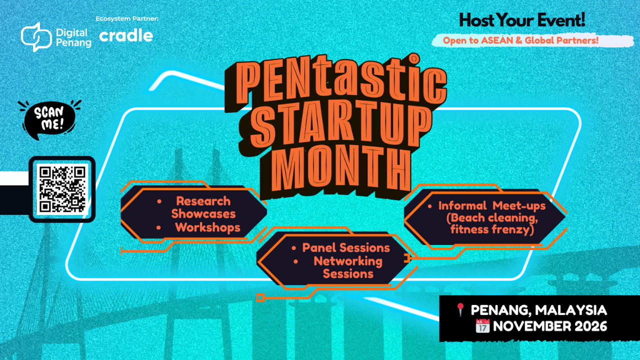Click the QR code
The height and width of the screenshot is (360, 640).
point(62,189)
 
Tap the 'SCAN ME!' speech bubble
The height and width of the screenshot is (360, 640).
point(49,118)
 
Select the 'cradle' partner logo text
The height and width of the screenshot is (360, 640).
point(126,35)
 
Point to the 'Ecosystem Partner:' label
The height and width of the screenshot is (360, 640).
point(126,19)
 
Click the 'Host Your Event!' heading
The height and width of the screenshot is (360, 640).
point(522,20)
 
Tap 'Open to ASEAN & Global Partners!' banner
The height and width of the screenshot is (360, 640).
point(520,40)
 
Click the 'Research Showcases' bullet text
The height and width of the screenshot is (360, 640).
point(203,207)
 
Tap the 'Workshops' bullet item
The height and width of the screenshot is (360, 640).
point(207,227)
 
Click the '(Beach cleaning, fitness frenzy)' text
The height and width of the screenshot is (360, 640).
point(492,224)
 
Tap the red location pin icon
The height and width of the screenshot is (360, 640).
point(460,310)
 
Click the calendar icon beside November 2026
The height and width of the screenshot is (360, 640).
point(482,326)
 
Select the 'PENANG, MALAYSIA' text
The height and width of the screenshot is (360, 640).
point(539,310)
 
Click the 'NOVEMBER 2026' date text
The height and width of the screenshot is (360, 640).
point(550,326)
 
